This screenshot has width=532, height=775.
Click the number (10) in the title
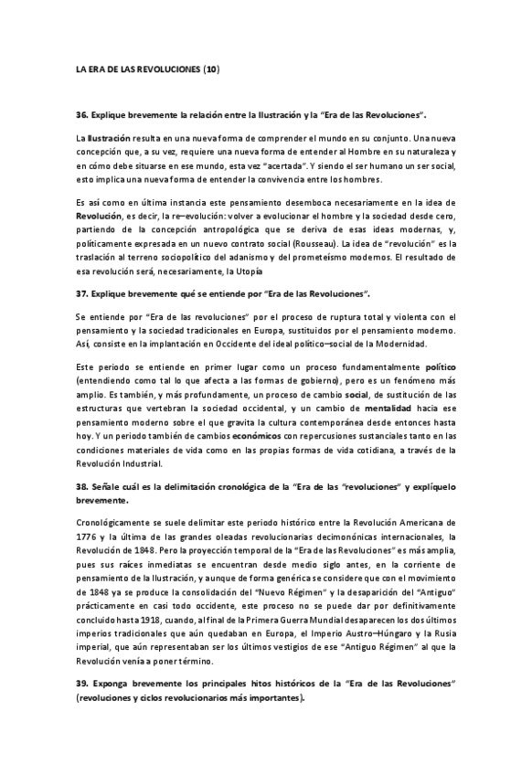[x=211, y=69]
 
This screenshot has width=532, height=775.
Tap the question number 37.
[x=82, y=294]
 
